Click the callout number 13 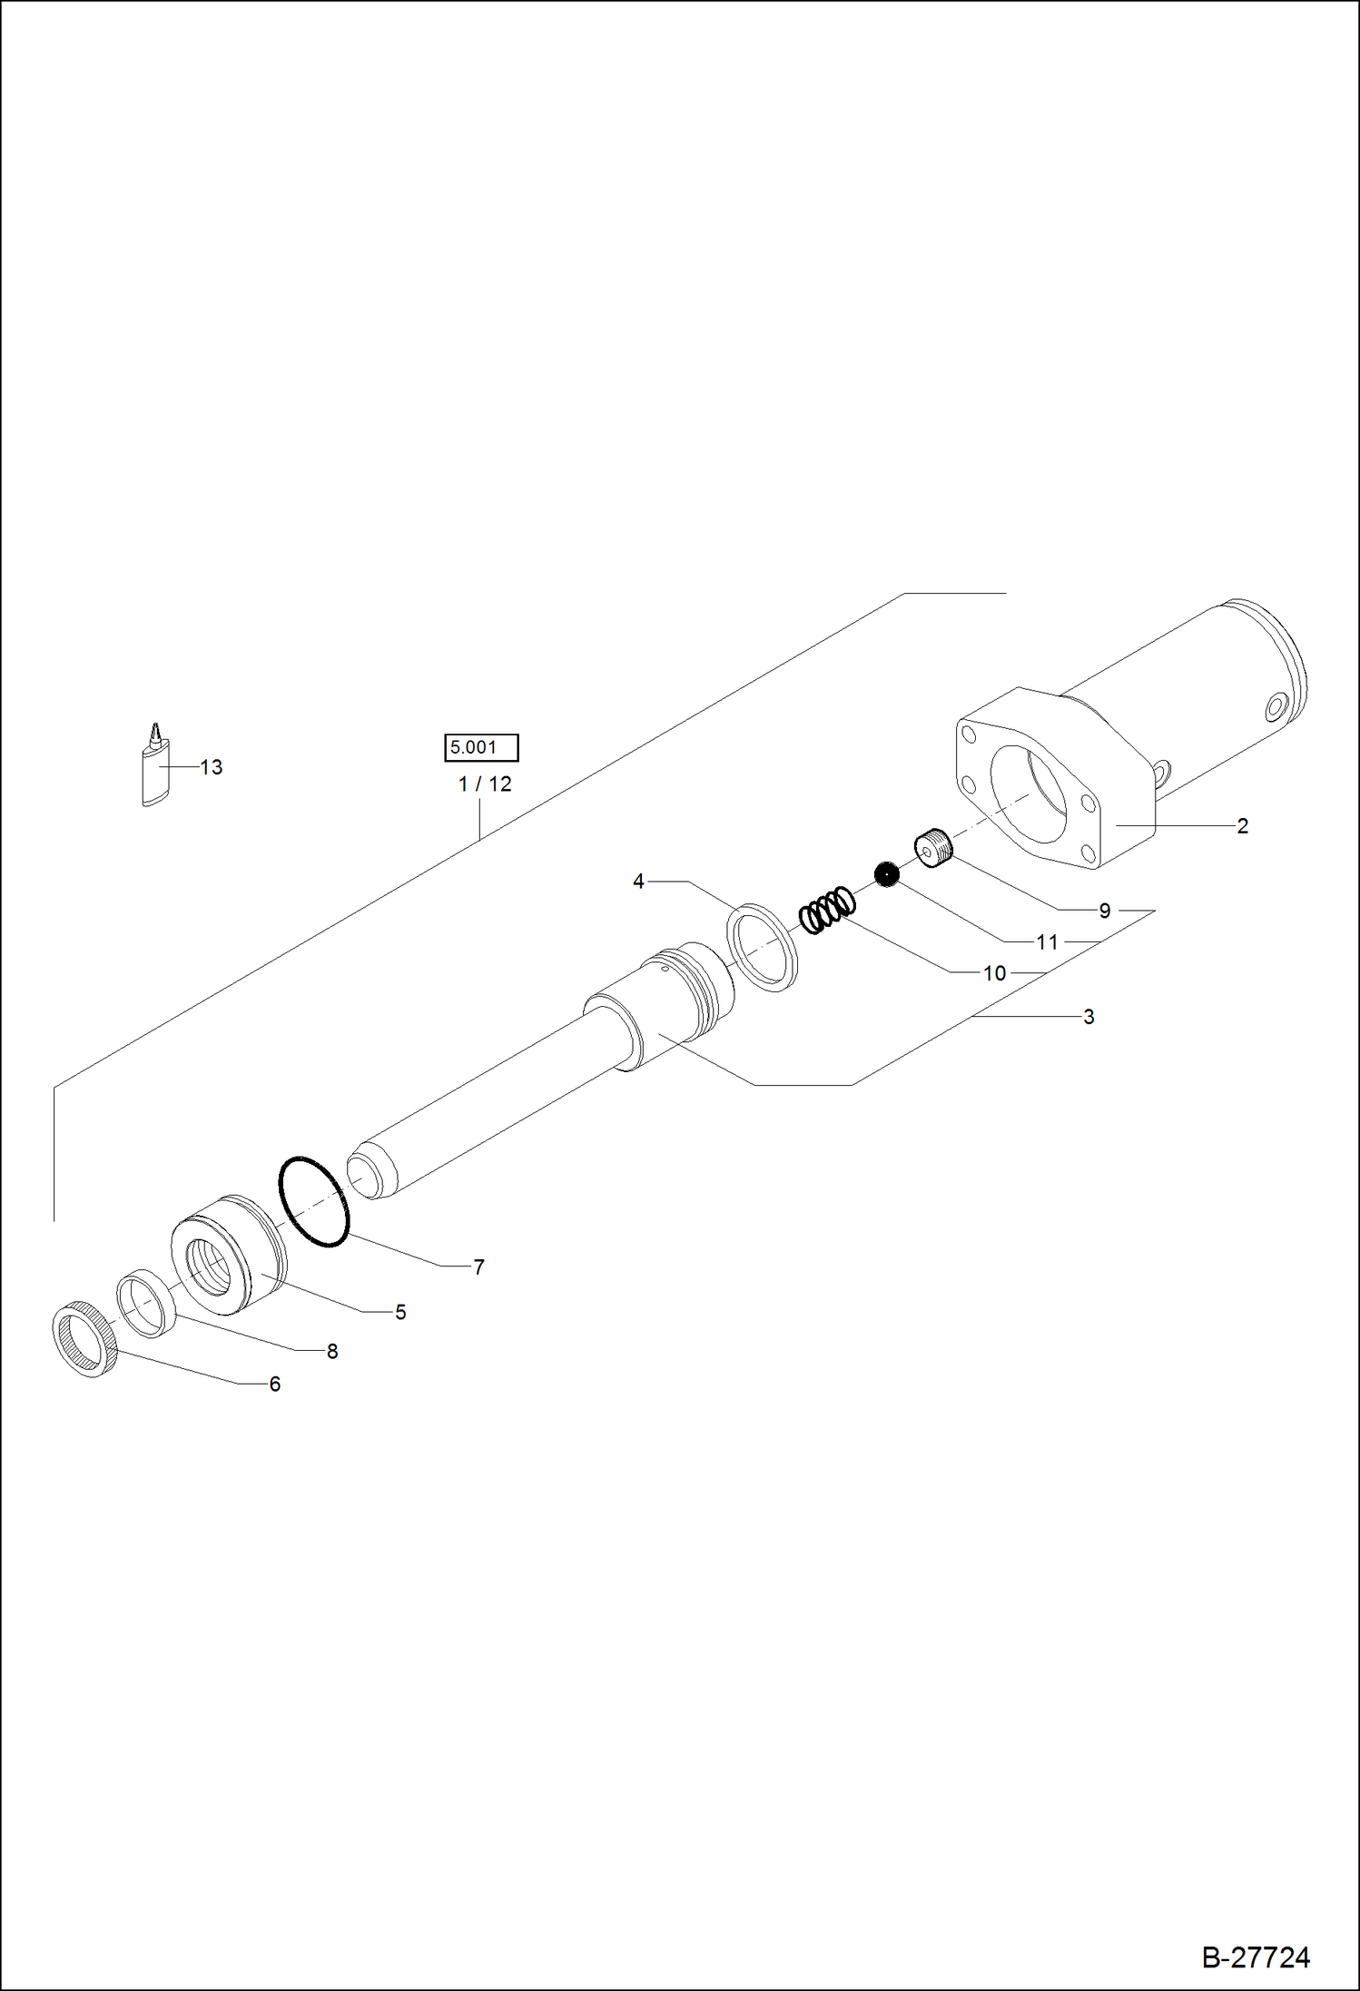(x=211, y=768)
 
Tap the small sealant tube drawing (x=156, y=770)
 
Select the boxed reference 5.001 (x=481, y=748)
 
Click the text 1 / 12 (x=485, y=784)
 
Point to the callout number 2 (x=1242, y=826)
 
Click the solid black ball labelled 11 (x=886, y=874)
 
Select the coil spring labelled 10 (x=827, y=908)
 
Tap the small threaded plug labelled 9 (x=934, y=848)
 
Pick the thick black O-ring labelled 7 (x=313, y=1201)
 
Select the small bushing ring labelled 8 (x=146, y=1304)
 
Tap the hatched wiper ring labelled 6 (x=84, y=1340)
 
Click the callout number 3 (x=1089, y=1018)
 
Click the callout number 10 (x=994, y=974)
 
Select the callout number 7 (x=478, y=1267)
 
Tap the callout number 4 (x=638, y=882)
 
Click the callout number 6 (x=274, y=1385)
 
